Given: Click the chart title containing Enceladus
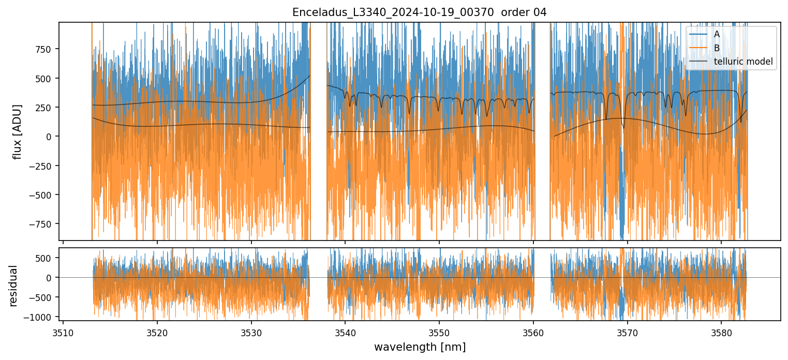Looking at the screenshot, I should [x=420, y=12].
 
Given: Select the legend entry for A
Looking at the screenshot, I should [x=717, y=34].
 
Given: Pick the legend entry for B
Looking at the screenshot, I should [x=717, y=48].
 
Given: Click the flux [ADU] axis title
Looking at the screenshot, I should [x=18, y=131].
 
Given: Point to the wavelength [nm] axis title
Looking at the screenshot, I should [x=420, y=347].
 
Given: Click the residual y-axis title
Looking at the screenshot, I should [x=13, y=286].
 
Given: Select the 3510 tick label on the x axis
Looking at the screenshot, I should [x=63, y=333].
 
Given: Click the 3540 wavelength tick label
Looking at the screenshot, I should [x=345, y=333].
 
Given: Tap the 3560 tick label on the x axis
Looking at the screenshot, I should [x=533, y=333].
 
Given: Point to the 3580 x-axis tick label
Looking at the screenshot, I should [x=721, y=333].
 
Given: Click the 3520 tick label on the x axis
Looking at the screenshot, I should [x=157, y=333].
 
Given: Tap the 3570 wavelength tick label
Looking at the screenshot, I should [x=627, y=333].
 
